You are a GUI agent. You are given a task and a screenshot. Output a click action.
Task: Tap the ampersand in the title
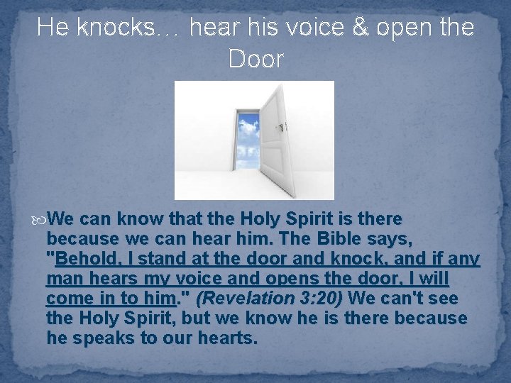(x=365, y=28)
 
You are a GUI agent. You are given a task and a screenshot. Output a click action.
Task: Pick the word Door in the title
(x=255, y=60)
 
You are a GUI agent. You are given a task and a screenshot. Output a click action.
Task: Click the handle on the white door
(x=282, y=128)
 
